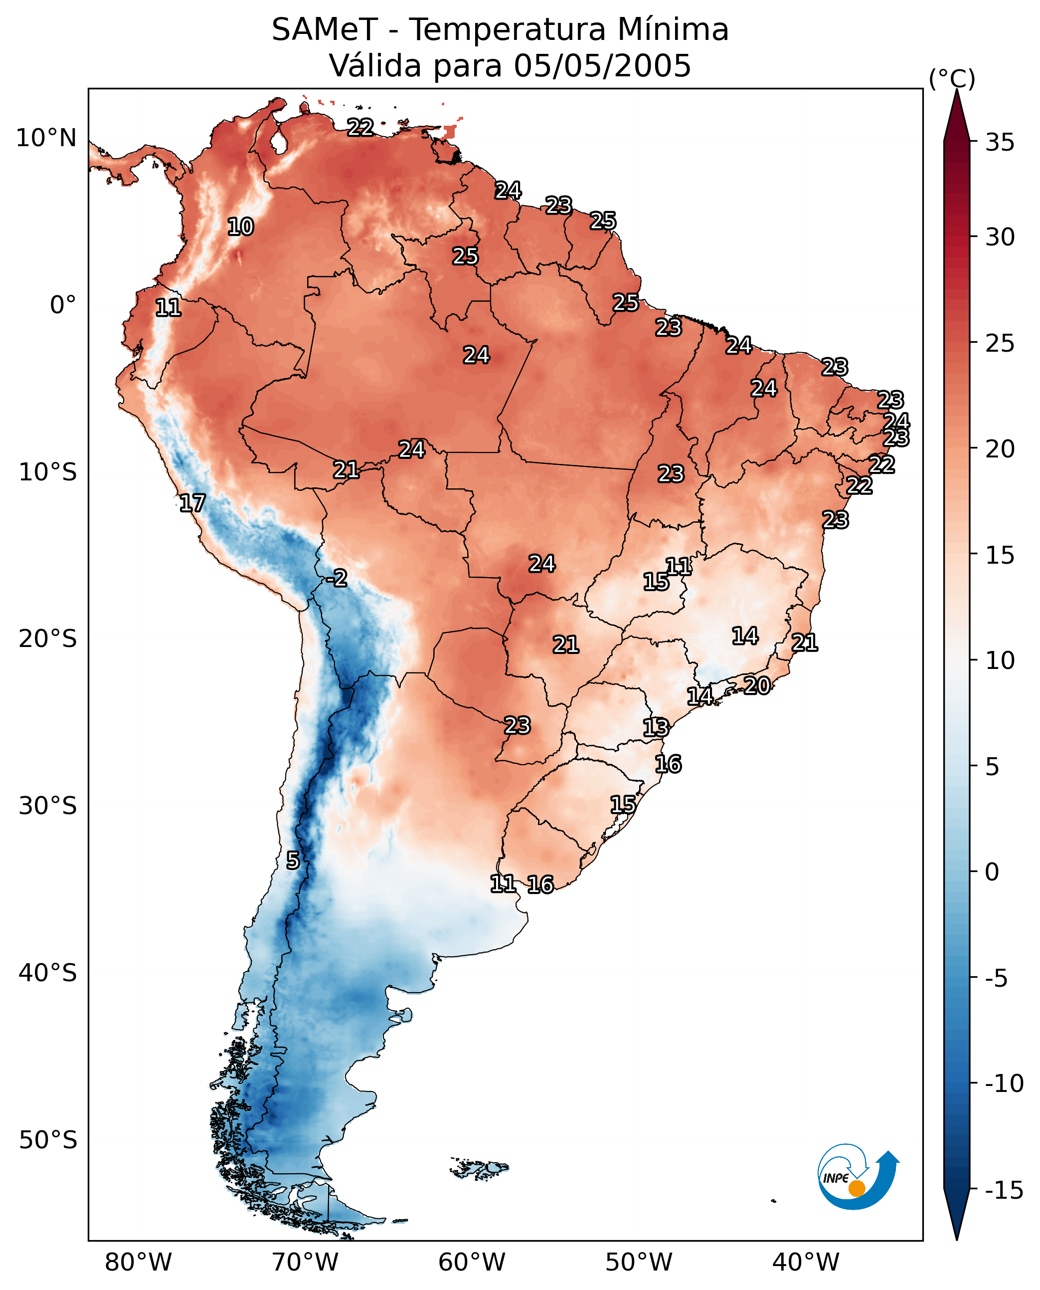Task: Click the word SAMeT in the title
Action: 325,30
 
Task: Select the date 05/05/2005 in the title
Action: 602,65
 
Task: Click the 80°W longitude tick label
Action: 139,1262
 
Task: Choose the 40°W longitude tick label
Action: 806,1262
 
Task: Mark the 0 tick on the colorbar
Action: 993,872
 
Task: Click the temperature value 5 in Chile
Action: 292,860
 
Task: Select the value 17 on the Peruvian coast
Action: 192,503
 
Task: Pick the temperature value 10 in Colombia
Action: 240,226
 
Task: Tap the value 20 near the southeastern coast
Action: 757,685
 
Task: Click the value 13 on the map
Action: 656,728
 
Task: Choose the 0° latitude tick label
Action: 63,305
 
